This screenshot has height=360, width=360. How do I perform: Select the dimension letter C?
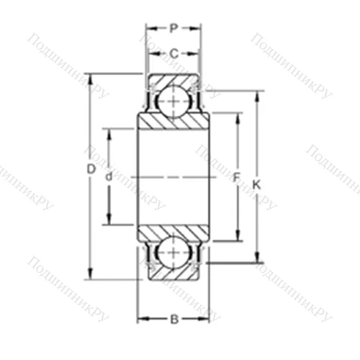(x=174, y=53)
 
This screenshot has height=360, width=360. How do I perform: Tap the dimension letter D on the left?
(x=91, y=169)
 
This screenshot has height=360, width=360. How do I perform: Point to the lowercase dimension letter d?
(x=109, y=176)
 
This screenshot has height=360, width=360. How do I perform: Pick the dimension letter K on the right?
(x=256, y=185)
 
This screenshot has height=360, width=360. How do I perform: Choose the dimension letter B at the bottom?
(x=174, y=318)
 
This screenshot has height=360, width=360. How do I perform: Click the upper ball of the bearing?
(x=173, y=99)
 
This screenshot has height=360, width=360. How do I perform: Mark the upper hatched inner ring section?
(x=173, y=122)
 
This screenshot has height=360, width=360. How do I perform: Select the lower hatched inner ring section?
(x=173, y=232)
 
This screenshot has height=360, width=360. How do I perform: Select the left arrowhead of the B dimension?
(x=141, y=318)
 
